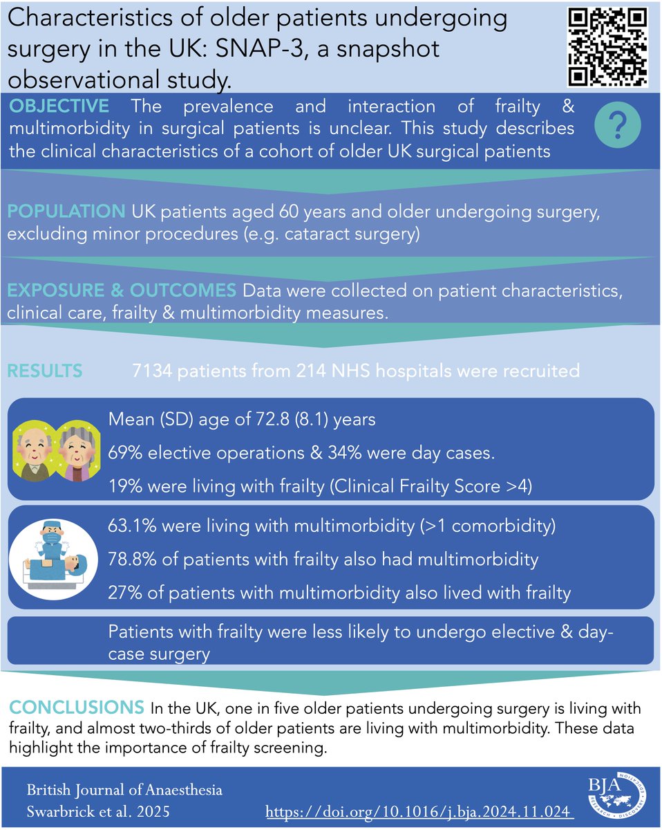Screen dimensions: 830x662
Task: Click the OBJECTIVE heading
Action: pos(59,107)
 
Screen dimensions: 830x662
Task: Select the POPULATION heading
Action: pos(64,211)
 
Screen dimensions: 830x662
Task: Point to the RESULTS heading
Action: pos(45,371)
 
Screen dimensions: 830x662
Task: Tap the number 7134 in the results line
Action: pos(153,371)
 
